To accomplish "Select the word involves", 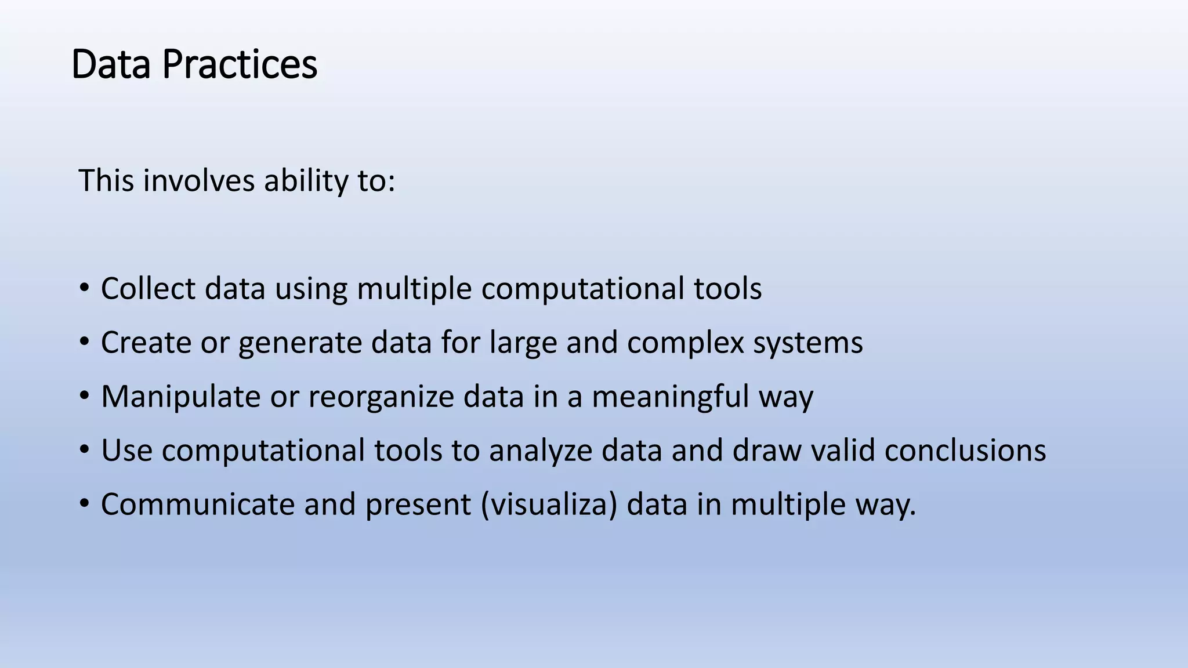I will tap(198, 180).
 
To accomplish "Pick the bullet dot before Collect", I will tap(85, 287).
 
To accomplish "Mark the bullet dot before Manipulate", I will tap(85, 395).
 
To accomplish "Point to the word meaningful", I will tap(670, 397).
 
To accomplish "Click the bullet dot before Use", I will tap(85, 449).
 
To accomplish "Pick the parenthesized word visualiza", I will tap(549, 504).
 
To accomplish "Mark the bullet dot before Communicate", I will tap(85, 503).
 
